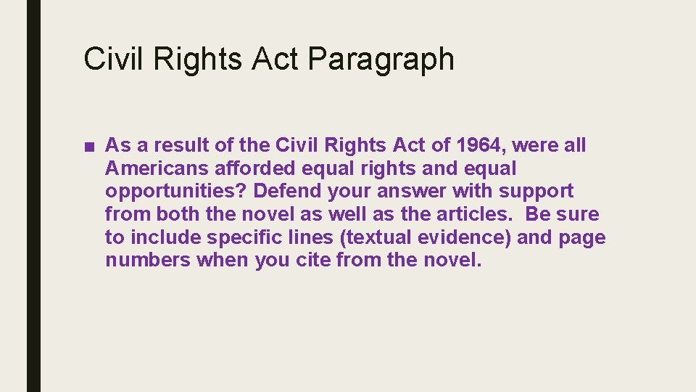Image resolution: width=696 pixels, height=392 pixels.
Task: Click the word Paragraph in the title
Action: click(381, 60)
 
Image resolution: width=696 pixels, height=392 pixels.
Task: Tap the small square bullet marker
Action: click(88, 146)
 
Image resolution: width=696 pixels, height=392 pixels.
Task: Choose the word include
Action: click(167, 238)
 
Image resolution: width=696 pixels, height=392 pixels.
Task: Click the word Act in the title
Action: click(275, 58)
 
